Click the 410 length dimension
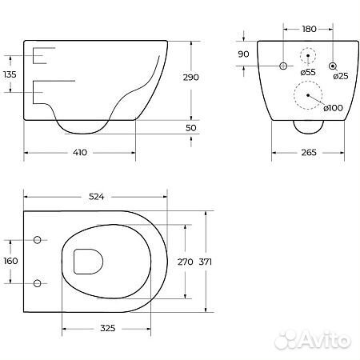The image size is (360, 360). coord(80,153)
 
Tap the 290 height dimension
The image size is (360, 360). coord(191,78)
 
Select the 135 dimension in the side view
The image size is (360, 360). coord(10,74)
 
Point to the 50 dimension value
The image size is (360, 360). coord(191,128)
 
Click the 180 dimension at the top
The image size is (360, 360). coord(309,29)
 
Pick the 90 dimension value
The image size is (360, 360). coord(243,54)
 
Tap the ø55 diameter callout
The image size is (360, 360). coord(308,72)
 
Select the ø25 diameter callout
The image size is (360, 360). coord(341,76)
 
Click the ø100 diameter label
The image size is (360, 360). coord(334,108)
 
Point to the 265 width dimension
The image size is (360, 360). coord(309,153)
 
